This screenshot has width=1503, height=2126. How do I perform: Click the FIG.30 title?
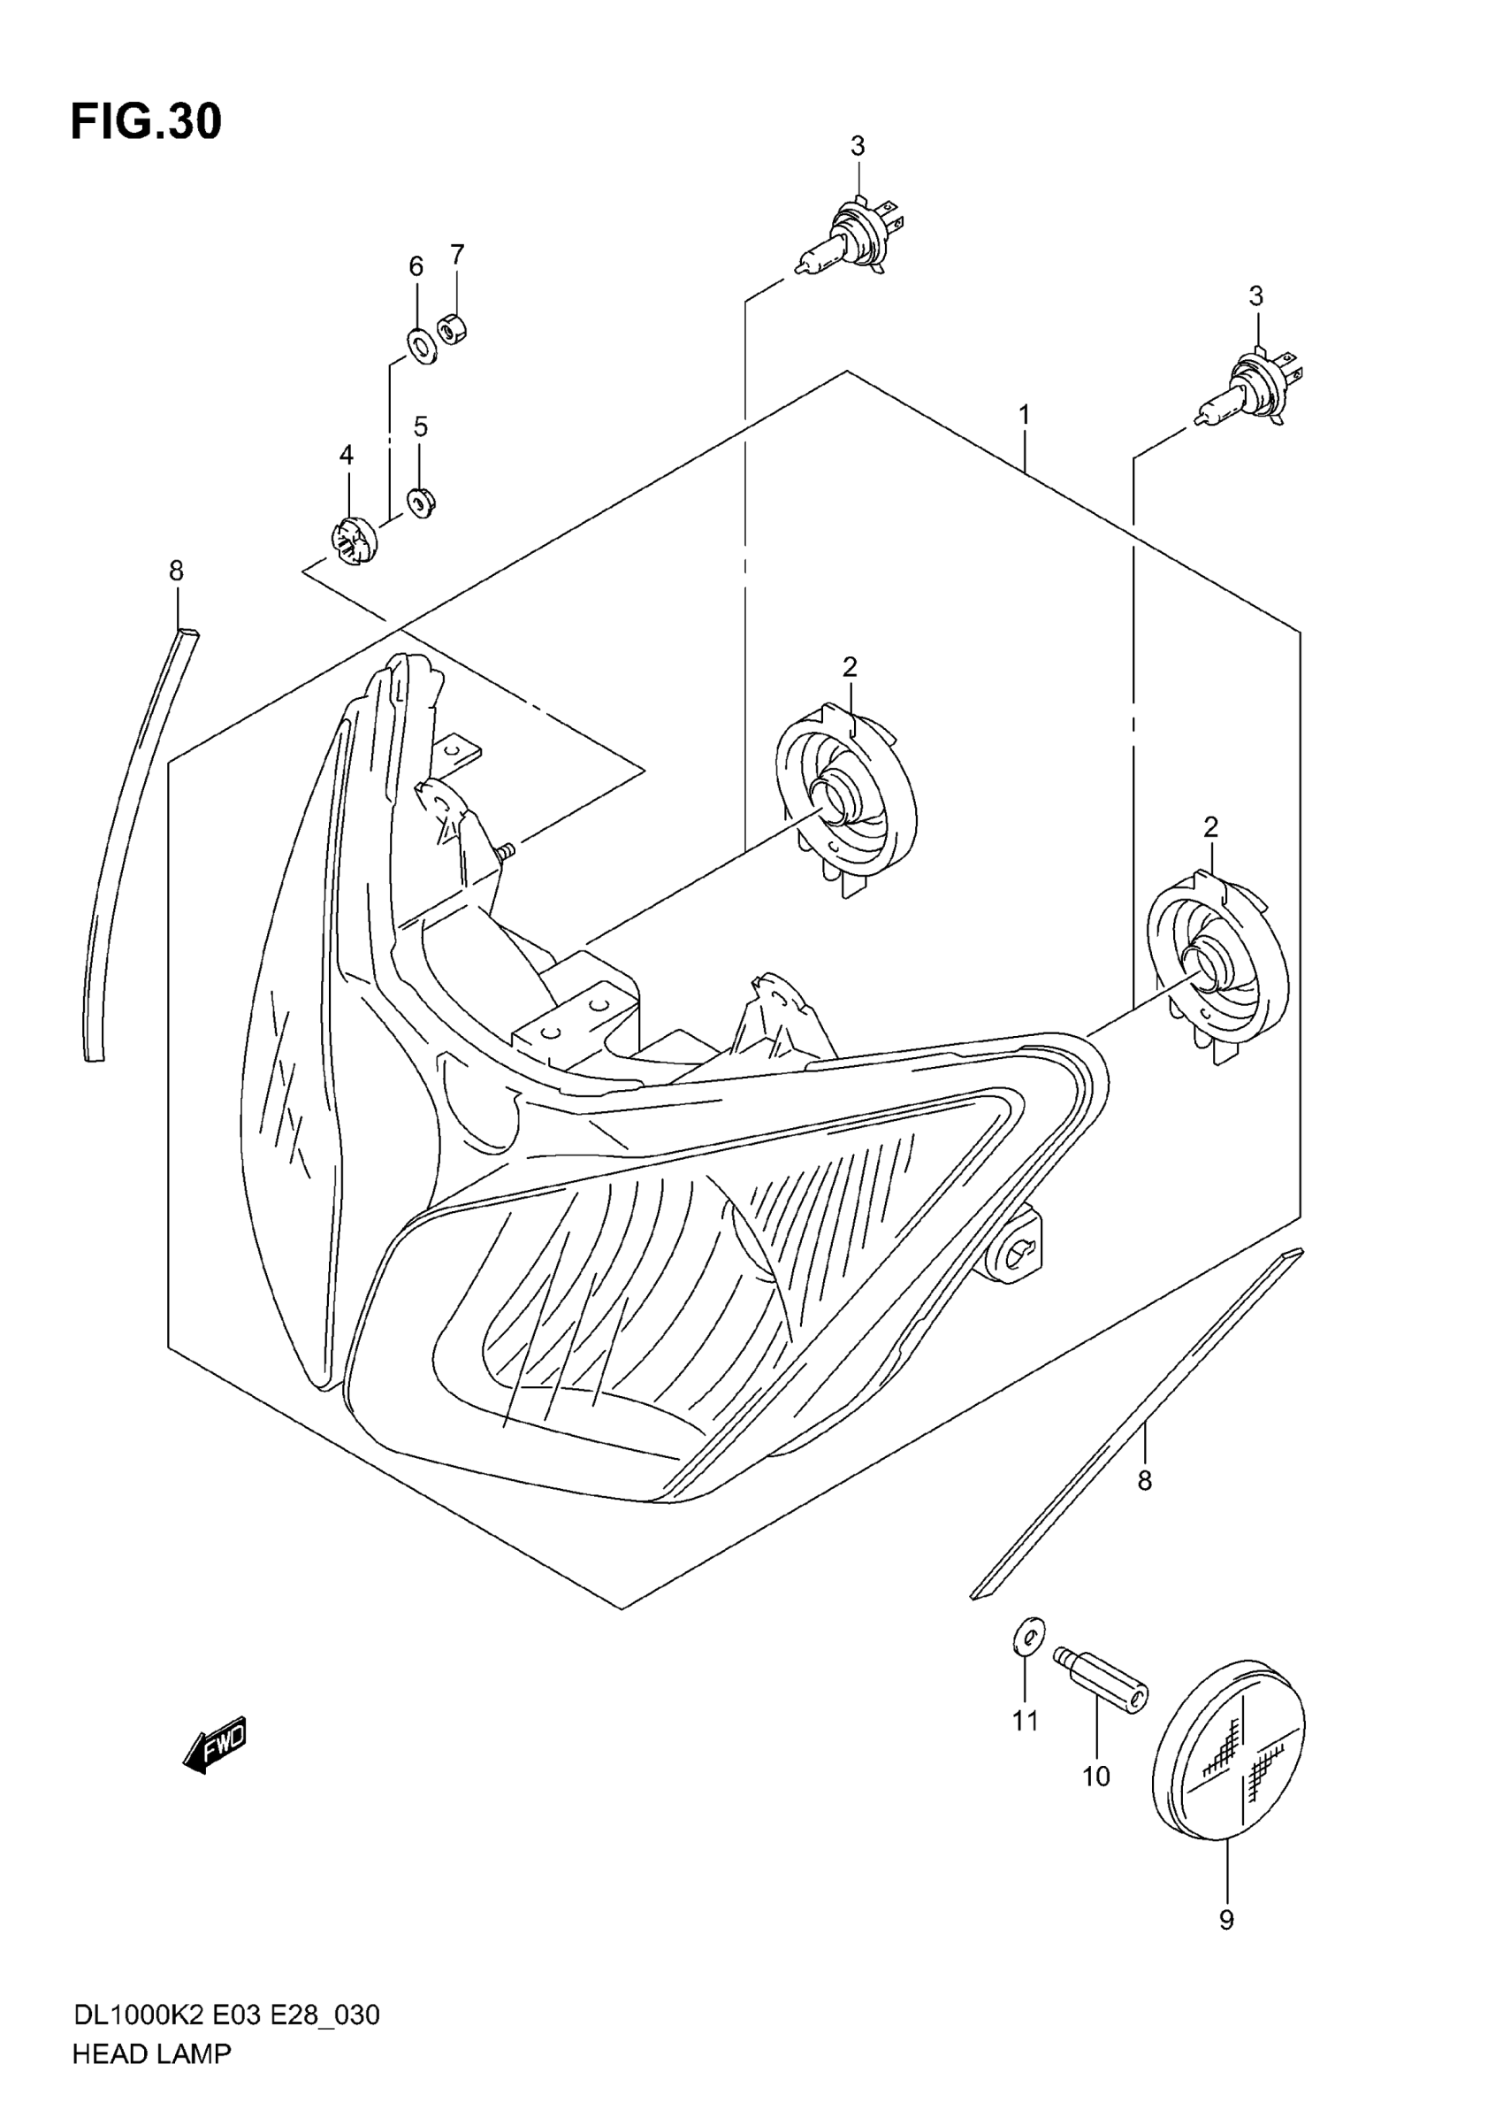pyautogui.click(x=146, y=122)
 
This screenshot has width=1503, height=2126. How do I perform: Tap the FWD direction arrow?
pyautogui.click(x=215, y=1743)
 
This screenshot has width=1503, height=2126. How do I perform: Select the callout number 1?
pyautogui.click(x=1025, y=415)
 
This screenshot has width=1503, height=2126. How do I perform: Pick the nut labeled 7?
pyautogui.click(x=452, y=329)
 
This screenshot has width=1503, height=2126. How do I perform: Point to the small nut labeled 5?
pyautogui.click(x=422, y=503)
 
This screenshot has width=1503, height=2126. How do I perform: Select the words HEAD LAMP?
pyautogui.click(x=152, y=2053)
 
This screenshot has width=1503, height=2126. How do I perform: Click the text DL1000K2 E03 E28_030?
pyautogui.click(x=226, y=2015)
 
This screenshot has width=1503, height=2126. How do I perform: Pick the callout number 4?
pyautogui.click(x=347, y=455)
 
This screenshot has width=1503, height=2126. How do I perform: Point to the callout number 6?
pyautogui.click(x=416, y=266)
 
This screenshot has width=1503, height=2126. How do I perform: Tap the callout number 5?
pyautogui.click(x=421, y=426)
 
